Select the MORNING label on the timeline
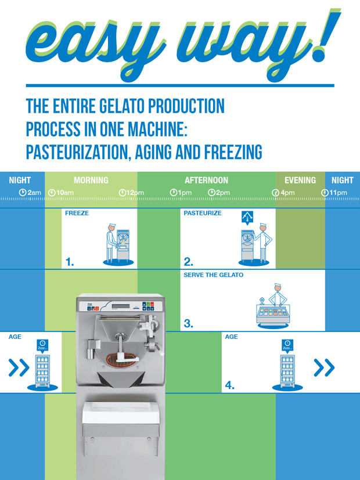tap(91, 180)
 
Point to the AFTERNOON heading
tap(206, 180)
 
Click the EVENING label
tap(300, 180)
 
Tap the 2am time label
tap(30, 193)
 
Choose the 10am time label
tap(61, 193)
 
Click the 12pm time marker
tap(131, 193)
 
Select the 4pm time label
tap(283, 193)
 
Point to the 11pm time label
tap(334, 193)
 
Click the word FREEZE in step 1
tap(77, 213)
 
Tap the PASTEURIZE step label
tap(202, 213)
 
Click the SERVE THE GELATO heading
tap(213, 275)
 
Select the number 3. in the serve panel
tap(189, 323)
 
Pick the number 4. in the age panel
tap(230, 385)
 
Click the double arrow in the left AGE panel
tap(19, 367)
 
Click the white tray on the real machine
tap(121, 412)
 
